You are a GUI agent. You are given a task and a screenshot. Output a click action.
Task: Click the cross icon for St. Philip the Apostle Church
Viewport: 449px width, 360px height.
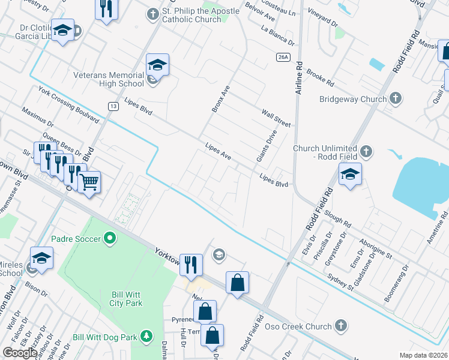coord(152,13)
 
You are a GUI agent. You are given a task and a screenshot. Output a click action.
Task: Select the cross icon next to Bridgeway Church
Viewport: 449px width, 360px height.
coord(395,98)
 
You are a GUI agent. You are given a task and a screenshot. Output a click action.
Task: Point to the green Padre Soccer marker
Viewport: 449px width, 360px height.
coord(109,239)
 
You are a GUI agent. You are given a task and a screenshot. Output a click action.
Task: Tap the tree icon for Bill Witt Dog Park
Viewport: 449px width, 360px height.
coord(145,337)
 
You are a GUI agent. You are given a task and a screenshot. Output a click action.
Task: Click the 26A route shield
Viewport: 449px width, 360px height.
coord(284,57)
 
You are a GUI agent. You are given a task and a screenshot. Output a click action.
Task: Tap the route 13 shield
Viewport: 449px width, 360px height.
coord(113,106)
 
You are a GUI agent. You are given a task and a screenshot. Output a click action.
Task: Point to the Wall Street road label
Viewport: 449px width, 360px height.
coord(276,118)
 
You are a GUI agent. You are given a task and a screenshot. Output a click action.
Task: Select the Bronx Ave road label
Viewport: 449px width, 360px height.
coord(220,98)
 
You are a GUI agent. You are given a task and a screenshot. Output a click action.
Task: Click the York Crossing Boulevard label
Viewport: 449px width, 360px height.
coord(68,104)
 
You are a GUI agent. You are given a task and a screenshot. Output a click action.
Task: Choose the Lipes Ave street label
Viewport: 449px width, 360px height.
coord(218,151)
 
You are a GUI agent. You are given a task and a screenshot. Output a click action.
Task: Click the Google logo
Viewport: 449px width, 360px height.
coord(20,353)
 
